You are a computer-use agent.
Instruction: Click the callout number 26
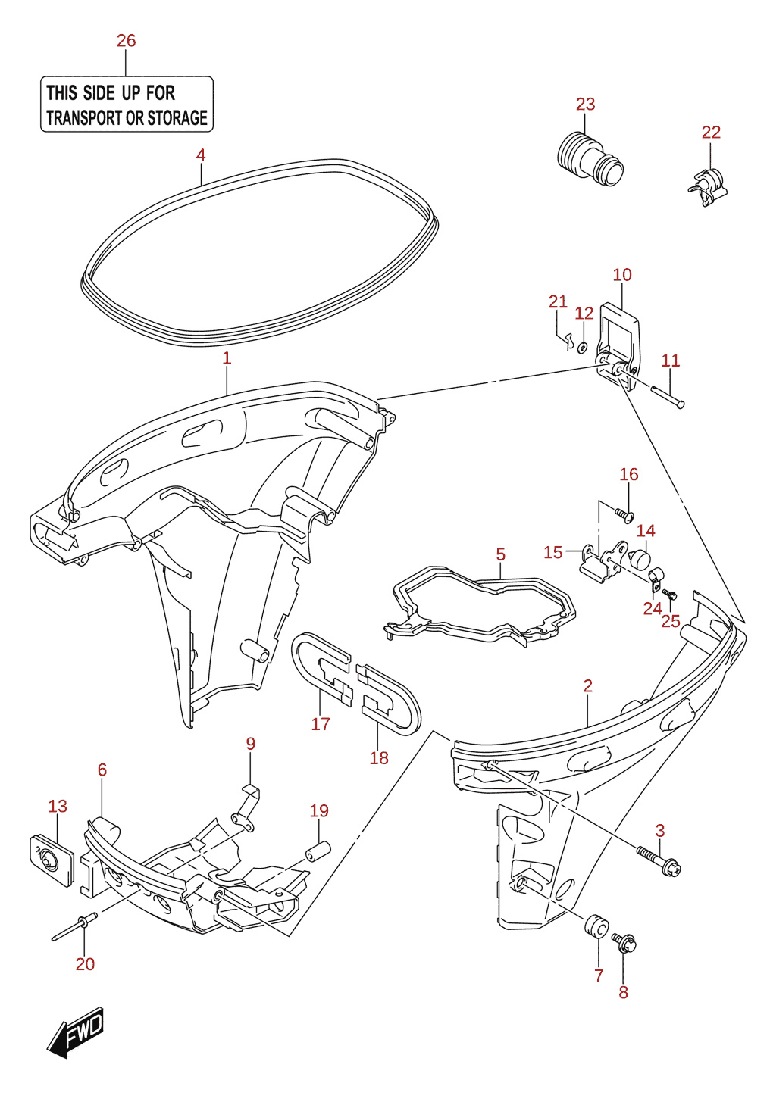pyautogui.click(x=126, y=40)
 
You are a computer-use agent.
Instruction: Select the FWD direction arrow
pyautogui.click(x=76, y=1032)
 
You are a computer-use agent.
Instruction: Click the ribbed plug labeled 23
pyautogui.click(x=590, y=158)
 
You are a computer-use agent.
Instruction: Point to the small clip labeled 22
pyautogui.click(x=707, y=187)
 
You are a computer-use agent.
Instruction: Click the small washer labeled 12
pyautogui.click(x=582, y=348)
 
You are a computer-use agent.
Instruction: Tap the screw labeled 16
pyautogui.click(x=624, y=516)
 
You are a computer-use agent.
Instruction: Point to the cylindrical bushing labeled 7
pyautogui.click(x=596, y=926)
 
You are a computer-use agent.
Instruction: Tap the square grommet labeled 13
pyautogui.click(x=52, y=860)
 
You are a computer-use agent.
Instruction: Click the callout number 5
pyautogui.click(x=501, y=554)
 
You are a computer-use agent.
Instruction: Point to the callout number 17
pyautogui.click(x=320, y=723)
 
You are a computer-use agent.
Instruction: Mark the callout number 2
pyautogui.click(x=588, y=685)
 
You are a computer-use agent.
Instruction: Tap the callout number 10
pyautogui.click(x=622, y=274)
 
